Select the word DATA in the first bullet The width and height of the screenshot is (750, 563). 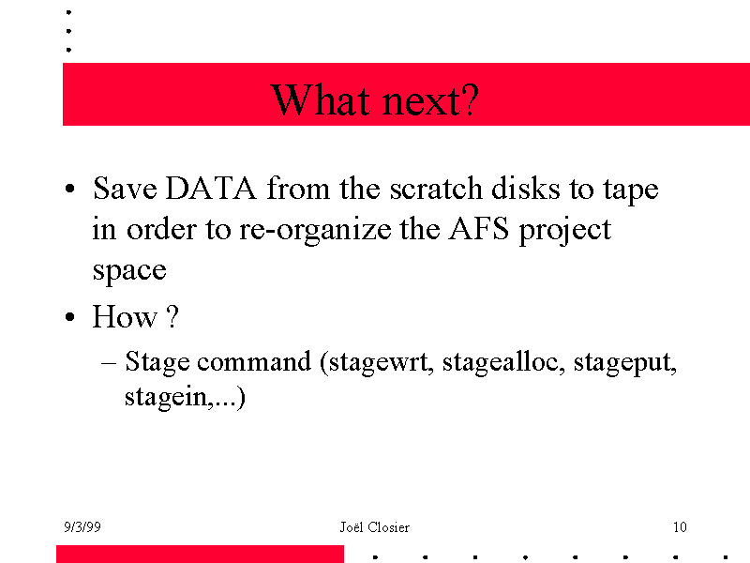point(211,188)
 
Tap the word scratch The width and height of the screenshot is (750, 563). point(435,188)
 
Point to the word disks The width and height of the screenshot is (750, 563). point(525,188)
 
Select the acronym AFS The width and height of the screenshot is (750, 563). point(479,228)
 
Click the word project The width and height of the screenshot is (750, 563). point(565,231)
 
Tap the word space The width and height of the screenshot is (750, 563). point(129,271)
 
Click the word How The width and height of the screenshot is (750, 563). point(125,316)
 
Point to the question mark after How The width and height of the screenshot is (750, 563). point(172,316)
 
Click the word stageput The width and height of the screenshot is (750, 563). point(623,362)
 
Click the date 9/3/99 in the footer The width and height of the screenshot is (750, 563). point(82,527)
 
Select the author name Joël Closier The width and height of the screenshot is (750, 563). point(374,527)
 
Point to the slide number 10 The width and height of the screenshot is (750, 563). point(680,527)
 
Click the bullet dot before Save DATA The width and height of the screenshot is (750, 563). point(69,189)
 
